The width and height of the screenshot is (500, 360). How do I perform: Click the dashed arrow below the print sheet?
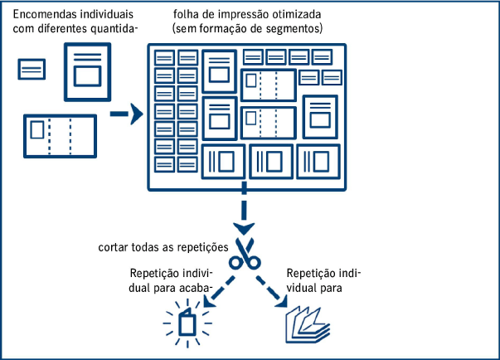click(x=245, y=212)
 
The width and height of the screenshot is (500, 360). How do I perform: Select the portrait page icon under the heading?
click(x=86, y=72)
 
